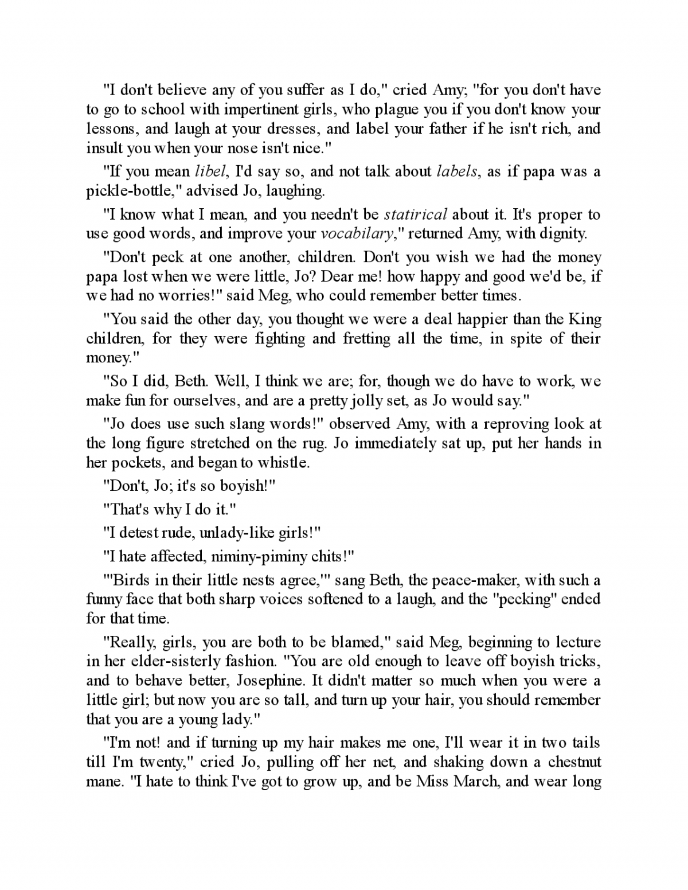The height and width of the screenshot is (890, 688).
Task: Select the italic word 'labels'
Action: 456,171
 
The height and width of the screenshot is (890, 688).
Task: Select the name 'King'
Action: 585,319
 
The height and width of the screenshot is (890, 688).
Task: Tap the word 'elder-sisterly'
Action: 168,661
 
